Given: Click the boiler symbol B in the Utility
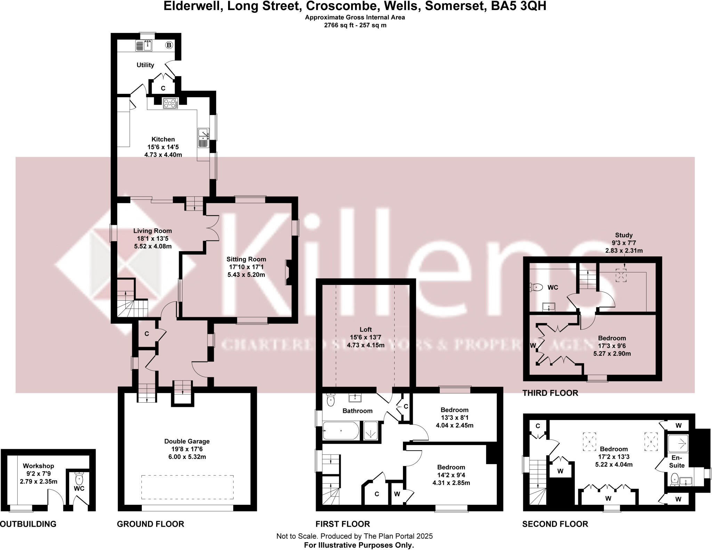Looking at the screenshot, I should point(169,45).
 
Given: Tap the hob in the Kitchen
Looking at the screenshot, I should point(170,103).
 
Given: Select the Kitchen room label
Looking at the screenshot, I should point(163,139).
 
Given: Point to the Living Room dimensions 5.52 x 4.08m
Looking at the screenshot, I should point(153,246).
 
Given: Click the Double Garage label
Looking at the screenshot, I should point(187,441).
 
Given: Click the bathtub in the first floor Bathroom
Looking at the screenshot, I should point(341,431).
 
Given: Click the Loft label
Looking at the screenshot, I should point(365,329).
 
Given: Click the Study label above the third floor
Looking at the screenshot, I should point(624,235).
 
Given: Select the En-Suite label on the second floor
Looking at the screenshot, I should point(677,462).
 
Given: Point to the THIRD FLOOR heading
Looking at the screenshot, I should point(550,393).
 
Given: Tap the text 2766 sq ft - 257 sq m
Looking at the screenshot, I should point(355,25).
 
